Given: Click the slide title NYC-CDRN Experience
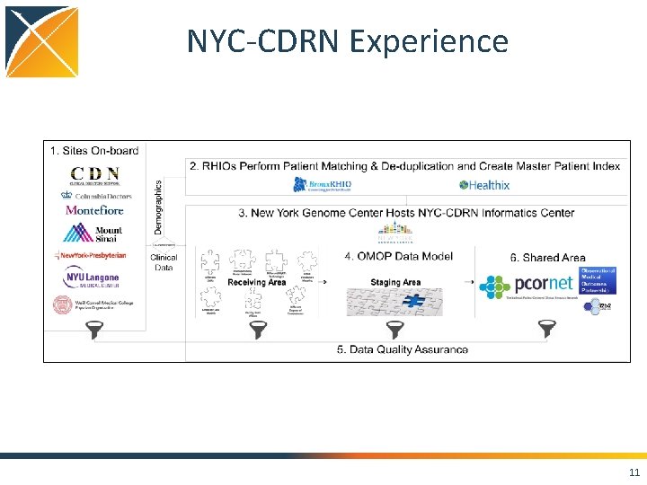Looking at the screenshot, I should click(347, 41).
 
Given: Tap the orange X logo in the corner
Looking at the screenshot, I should click(41, 41).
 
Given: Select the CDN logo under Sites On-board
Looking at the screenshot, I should click(95, 174).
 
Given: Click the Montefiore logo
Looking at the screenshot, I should click(94, 210).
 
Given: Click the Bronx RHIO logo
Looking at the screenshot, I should click(323, 185).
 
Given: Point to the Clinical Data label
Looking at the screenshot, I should click(164, 262).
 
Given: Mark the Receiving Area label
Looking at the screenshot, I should click(257, 282).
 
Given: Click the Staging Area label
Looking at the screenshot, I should click(395, 282).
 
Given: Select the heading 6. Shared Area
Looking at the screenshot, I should click(547, 258).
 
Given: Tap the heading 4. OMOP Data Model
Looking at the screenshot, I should click(398, 256).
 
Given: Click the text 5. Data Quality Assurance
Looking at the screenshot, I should click(403, 349).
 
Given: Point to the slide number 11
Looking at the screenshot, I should click(634, 473).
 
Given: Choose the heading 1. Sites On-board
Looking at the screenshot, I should click(94, 150).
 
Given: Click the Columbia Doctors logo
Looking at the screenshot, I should click(95, 194).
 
